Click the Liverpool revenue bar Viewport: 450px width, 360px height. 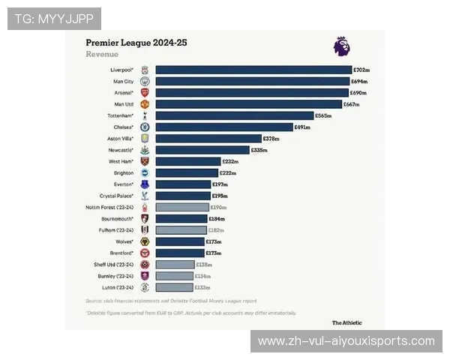click(x=253, y=70)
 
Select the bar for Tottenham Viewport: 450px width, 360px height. click(x=235, y=116)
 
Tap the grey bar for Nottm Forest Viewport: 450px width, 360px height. click(x=182, y=207)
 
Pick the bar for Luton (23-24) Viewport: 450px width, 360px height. click(x=175, y=287)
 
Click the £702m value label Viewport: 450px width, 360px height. click(x=361, y=70)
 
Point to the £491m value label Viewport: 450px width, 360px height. click(x=302, y=127)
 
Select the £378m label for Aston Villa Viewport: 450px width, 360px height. click(x=271, y=139)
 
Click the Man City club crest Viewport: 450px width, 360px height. click(x=145, y=81)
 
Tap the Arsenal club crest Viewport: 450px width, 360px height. click(x=145, y=92)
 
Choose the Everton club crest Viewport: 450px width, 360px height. click(x=145, y=184)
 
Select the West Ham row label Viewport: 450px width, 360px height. click(x=121, y=161)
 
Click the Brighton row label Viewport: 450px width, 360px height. click(x=123, y=172)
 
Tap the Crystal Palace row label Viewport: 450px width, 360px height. click(x=116, y=196)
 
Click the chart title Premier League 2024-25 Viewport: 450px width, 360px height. click(x=136, y=43)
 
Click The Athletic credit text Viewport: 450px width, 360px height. click(x=347, y=322)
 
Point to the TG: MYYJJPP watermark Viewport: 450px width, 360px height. click(x=54, y=18)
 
